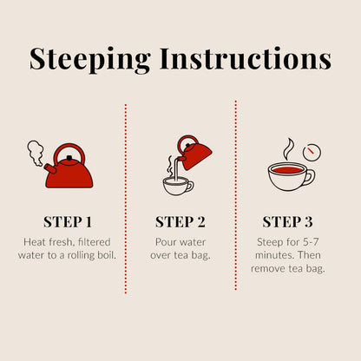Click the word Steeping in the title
[90, 60]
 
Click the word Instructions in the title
[246, 58]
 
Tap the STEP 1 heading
[68, 222]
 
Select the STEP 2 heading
[180, 222]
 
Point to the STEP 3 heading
[287, 222]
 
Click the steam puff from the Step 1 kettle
[36, 154]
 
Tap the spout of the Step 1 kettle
[50, 168]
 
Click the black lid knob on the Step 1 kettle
[69, 158]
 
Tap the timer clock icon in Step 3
[312, 152]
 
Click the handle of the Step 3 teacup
[311, 177]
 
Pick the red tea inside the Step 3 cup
[287, 169]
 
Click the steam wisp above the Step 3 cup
[288, 149]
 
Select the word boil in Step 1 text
[107, 255]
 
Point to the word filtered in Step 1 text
[95, 242]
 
